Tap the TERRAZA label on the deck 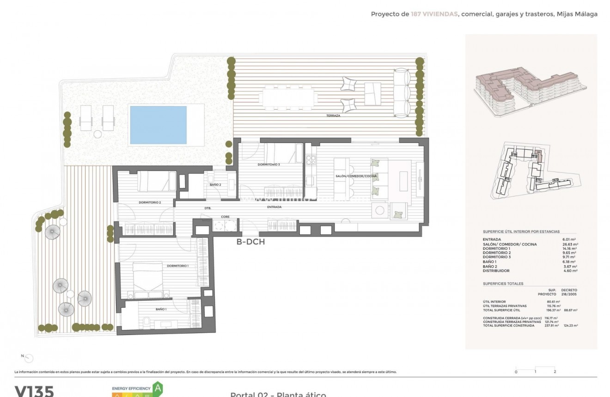tap(332, 116)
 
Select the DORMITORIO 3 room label tap(268, 165)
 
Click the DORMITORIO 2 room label tap(150, 202)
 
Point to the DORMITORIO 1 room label tap(177, 266)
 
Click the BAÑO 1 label tap(161, 309)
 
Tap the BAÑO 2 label tap(215, 185)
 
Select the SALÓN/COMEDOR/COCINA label tap(356, 176)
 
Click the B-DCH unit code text tap(250, 241)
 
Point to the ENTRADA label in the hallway tap(274, 207)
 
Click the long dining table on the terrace tap(289, 98)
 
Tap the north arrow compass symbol tap(29, 358)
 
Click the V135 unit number tap(34, 391)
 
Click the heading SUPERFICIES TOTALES tap(503, 284)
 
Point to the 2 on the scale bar tap(555, 372)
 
